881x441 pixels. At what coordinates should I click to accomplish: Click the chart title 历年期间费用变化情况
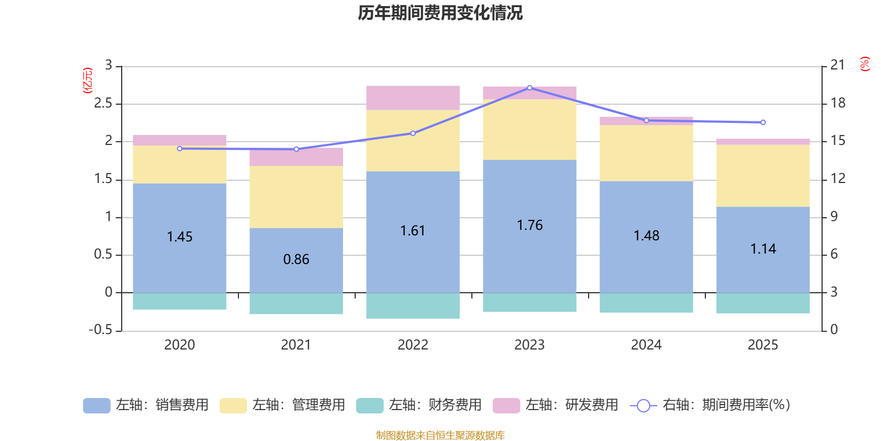point(440,13)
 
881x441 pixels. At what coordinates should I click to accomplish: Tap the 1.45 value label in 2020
point(180,237)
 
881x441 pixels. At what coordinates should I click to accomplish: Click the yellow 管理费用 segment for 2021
point(296,197)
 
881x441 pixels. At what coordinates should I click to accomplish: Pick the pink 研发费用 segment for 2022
point(413,98)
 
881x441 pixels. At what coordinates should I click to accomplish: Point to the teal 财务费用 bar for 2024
point(646,303)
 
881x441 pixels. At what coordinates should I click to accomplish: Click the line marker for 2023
point(530,88)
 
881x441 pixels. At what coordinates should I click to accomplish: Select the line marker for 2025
point(763,122)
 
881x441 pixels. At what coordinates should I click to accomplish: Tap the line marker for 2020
point(180,148)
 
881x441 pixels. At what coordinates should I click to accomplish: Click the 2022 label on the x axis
point(413,345)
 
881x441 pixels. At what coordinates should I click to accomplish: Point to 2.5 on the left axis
point(103,104)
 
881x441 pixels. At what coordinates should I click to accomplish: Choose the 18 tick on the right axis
point(838,103)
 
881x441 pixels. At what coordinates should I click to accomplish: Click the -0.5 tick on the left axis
point(100,330)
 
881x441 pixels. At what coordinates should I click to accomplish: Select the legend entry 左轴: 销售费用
point(146,405)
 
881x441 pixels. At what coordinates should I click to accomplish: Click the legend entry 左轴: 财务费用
point(418,405)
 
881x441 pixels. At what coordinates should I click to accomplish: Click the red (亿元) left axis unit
point(87,80)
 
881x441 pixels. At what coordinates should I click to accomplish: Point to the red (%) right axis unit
point(865,64)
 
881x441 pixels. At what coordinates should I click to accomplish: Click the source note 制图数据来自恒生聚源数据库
point(440,435)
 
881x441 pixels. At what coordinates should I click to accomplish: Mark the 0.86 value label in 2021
point(296,260)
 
